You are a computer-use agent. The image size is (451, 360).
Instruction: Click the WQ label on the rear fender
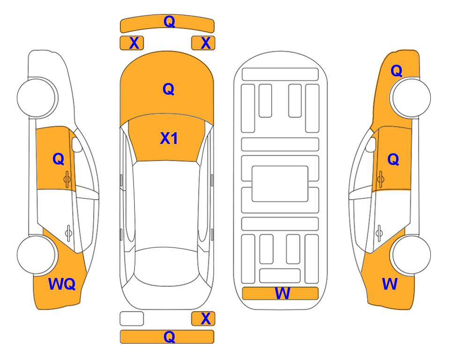point(62,284)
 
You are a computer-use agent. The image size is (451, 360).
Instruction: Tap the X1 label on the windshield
point(169,138)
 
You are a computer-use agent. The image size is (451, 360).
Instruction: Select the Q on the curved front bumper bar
point(169,22)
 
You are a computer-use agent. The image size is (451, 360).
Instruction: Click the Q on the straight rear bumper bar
point(169,337)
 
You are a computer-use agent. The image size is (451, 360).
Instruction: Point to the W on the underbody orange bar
point(282,293)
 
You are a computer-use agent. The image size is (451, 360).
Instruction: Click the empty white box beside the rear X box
point(132,319)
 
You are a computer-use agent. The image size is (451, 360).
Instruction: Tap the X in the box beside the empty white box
point(206,319)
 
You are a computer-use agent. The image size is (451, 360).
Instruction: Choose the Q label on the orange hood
point(169,89)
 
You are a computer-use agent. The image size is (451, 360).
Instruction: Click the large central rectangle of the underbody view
point(280,184)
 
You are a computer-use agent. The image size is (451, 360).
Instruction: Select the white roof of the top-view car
point(167,204)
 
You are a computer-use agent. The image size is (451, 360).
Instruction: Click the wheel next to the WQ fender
point(37,255)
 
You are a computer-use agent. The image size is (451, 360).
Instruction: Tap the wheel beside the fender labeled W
point(411,255)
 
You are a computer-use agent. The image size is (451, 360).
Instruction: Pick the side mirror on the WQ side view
point(77,144)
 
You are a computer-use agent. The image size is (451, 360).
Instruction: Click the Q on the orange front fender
point(396,71)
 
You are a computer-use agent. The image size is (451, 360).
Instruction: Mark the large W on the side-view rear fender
point(390,284)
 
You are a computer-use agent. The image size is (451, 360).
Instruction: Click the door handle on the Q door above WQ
point(67,179)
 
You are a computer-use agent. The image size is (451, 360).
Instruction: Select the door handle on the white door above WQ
point(68,232)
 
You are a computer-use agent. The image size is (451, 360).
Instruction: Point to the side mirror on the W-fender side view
point(371,144)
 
